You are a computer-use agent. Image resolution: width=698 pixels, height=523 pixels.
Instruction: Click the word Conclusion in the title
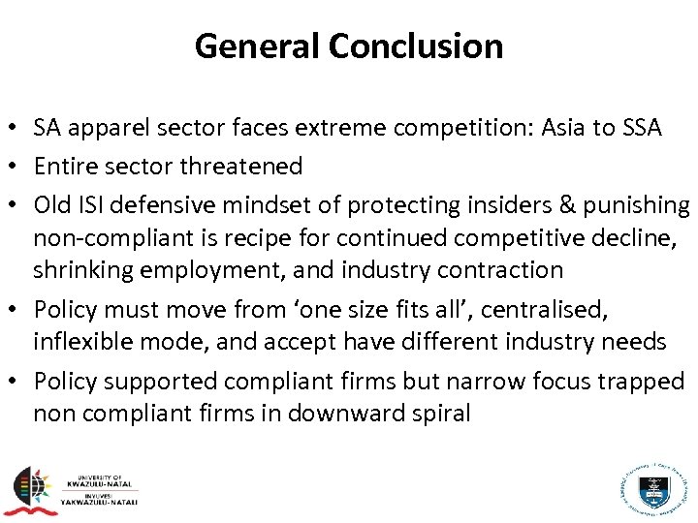click(416, 46)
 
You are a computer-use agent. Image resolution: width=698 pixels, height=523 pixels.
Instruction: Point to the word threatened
click(241, 167)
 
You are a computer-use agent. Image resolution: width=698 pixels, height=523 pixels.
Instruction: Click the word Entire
click(65, 167)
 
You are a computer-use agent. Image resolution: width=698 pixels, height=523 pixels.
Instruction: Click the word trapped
click(649, 382)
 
